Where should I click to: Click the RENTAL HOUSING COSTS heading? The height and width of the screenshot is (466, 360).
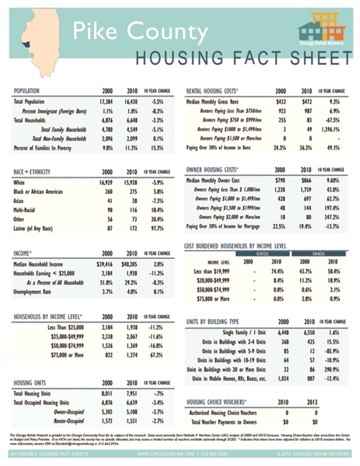point(218,91)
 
